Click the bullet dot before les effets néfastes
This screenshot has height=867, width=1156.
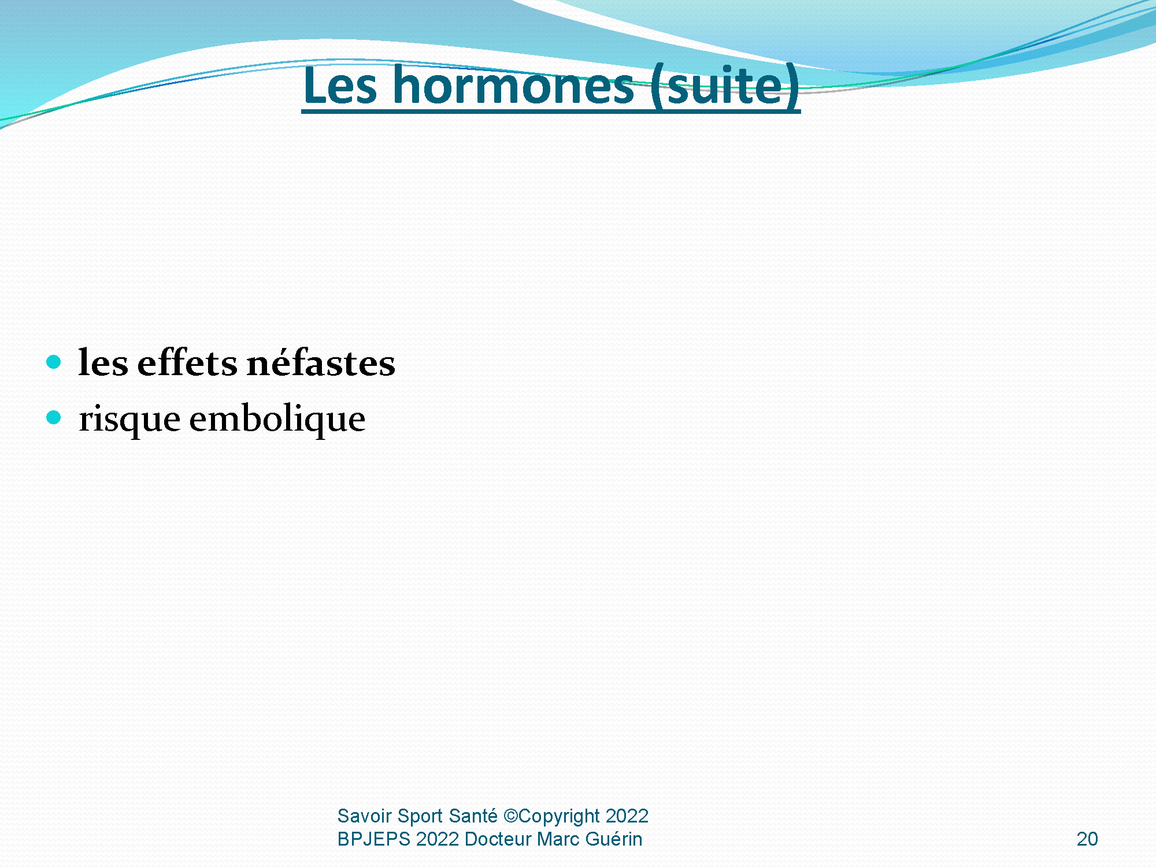point(54,362)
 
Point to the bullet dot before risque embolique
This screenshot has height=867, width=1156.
point(54,417)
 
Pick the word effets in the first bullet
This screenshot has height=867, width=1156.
point(187,362)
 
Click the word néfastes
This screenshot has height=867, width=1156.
point(321,362)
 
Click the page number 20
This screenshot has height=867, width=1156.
point(1087,839)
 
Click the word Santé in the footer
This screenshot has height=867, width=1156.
point(473,816)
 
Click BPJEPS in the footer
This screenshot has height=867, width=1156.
point(374,839)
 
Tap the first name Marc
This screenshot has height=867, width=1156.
point(558,839)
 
